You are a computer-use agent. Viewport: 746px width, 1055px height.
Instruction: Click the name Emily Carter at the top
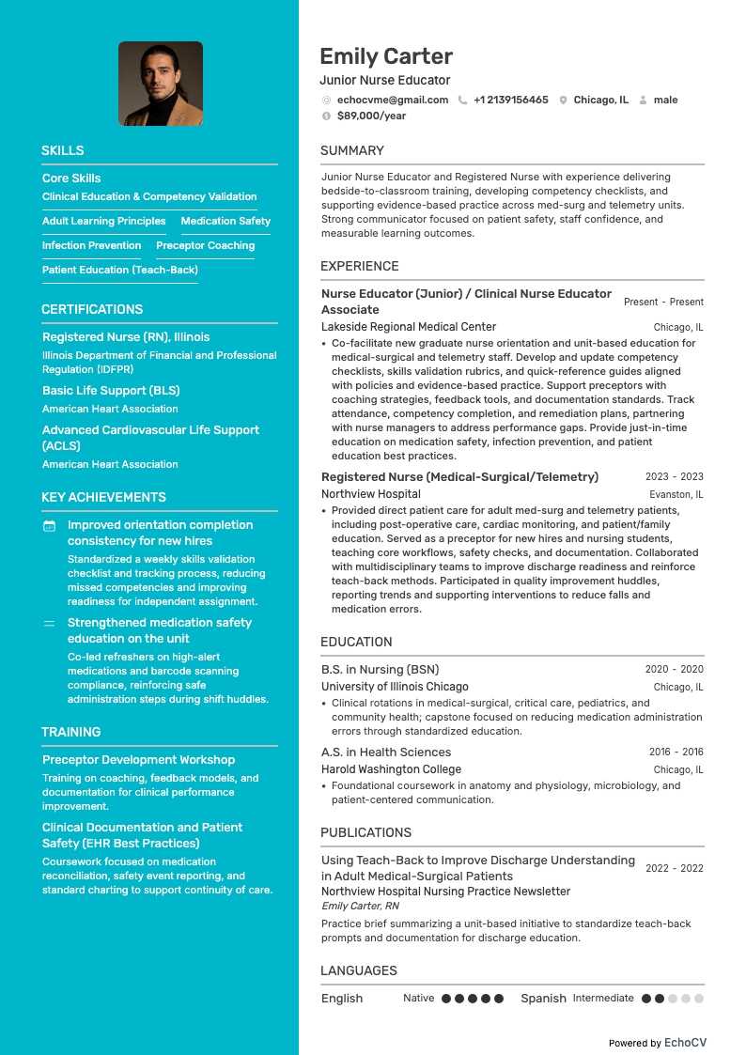tap(386, 56)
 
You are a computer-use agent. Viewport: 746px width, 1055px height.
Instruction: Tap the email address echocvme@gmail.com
tap(393, 100)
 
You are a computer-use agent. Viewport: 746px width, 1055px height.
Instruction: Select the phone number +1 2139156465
tap(510, 100)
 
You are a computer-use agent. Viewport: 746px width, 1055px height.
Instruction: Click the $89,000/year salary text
tap(371, 116)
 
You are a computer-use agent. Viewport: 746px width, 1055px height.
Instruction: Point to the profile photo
tap(161, 84)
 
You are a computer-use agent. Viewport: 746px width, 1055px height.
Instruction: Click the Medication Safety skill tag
tap(225, 221)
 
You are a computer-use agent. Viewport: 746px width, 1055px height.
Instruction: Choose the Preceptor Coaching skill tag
tap(205, 245)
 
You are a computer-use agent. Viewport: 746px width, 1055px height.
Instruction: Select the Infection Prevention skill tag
tap(91, 245)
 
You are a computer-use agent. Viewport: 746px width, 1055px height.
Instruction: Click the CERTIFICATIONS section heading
tap(92, 309)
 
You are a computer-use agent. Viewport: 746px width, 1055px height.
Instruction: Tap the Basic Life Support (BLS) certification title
tap(111, 390)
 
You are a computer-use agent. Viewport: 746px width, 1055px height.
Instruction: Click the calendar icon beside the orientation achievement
tap(50, 526)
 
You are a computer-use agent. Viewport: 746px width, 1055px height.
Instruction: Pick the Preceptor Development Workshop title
tap(138, 759)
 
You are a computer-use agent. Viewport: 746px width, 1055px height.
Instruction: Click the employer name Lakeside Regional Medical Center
tap(409, 327)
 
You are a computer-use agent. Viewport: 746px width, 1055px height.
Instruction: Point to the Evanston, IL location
tap(676, 494)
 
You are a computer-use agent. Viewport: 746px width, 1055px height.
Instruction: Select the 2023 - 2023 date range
tap(674, 476)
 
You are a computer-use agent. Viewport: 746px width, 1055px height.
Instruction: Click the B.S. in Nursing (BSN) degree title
tap(380, 670)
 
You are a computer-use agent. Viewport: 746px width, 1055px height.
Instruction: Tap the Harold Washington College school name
tap(391, 769)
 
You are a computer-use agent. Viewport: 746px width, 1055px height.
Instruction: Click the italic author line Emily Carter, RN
tap(360, 906)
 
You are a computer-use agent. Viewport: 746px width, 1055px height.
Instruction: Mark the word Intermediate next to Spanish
tap(603, 998)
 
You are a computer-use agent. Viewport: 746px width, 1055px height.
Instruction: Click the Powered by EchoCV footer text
tap(657, 1043)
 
